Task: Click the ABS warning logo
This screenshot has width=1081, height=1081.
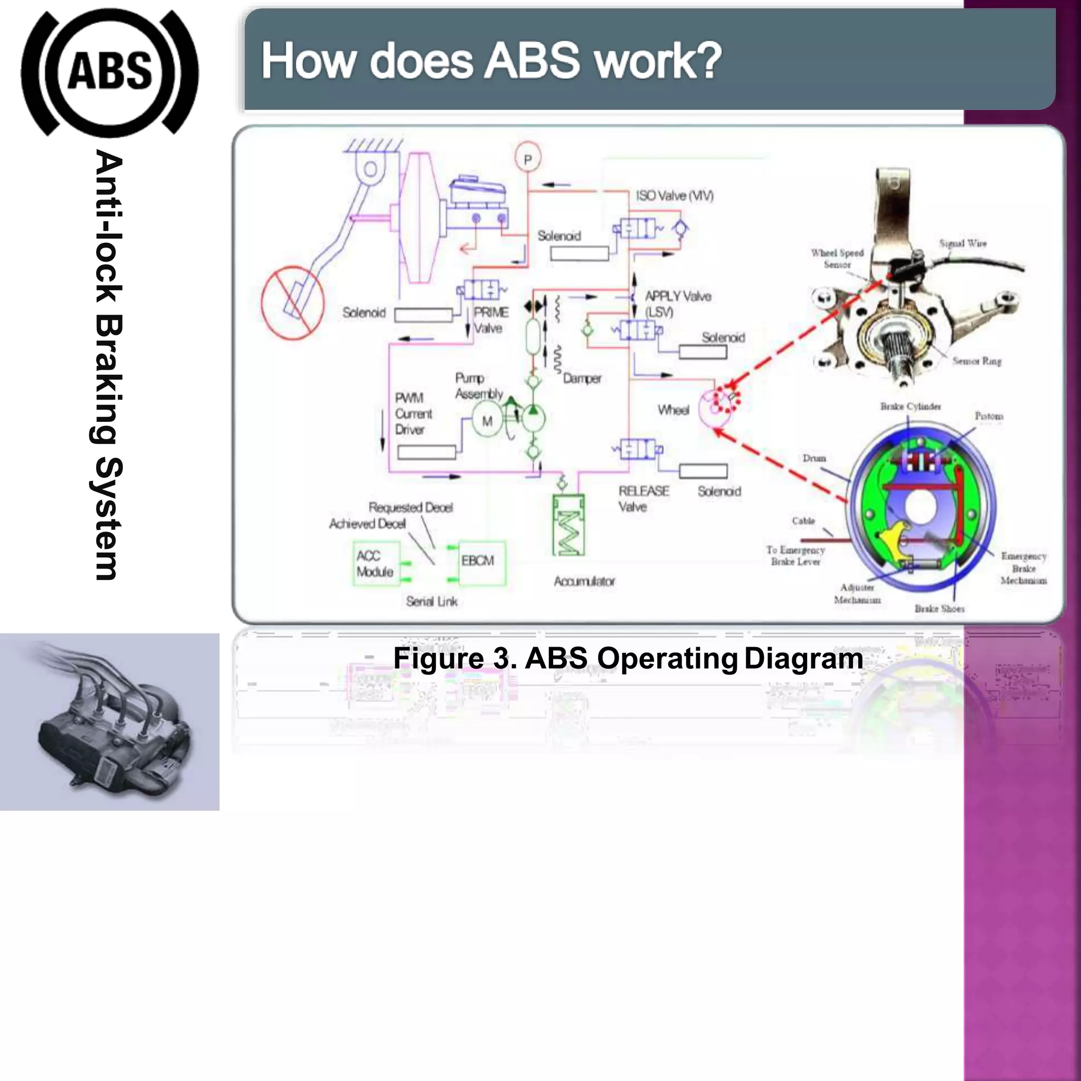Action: pos(110,72)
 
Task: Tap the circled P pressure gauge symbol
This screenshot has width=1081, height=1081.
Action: pos(528,159)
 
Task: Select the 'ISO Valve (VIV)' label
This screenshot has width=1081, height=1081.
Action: pos(674,196)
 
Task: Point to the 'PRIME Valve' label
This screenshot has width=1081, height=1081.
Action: pos(491,320)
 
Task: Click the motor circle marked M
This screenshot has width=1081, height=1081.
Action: pos(487,421)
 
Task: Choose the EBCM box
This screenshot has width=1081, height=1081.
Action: pos(481,562)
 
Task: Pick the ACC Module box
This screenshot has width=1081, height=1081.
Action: pos(376,563)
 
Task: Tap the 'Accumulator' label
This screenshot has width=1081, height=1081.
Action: pos(584,581)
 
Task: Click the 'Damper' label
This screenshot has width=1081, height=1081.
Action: pos(582,379)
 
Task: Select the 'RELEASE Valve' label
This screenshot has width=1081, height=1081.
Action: pos(643,498)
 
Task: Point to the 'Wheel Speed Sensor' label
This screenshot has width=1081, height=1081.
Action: pos(837,259)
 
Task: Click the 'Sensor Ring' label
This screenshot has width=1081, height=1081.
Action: pos(976,362)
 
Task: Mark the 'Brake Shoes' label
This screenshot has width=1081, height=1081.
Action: pos(940,609)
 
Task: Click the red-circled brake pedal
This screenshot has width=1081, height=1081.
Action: pos(292,302)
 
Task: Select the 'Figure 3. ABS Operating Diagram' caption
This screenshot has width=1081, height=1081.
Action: pos(628,659)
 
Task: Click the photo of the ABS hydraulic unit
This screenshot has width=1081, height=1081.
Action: pos(110,722)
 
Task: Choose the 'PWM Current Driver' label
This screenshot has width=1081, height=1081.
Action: pos(413,414)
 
